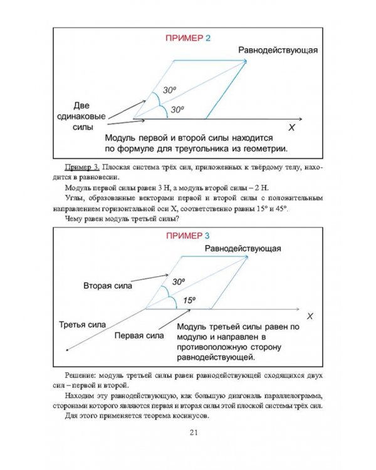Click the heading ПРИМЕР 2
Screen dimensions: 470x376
187,38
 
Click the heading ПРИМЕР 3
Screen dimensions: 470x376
187,236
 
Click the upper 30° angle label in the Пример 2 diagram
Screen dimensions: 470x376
169,90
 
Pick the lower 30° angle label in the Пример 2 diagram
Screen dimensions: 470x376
177,110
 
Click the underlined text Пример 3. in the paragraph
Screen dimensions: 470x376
81,168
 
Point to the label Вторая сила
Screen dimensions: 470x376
107,286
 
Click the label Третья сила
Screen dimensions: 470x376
81,324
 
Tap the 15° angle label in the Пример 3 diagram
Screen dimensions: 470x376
189,300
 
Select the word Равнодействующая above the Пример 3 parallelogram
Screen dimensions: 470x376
243,248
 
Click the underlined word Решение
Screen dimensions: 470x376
80,375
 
